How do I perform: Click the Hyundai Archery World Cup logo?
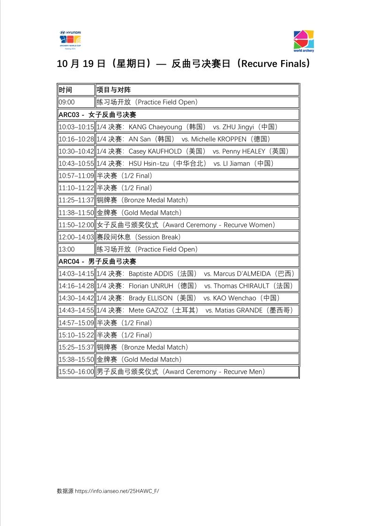pos(69,40)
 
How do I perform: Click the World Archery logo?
pos(304,41)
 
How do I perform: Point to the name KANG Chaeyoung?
pos(156,127)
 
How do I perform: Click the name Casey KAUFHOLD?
pos(155,151)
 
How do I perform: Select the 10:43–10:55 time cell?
pos(76,164)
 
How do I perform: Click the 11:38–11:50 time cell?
pos(76,213)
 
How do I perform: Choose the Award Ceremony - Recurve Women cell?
pos(186,225)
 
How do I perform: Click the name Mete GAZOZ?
pos(149,310)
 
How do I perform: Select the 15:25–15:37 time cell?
pos(76,347)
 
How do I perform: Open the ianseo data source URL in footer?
pos(117,491)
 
